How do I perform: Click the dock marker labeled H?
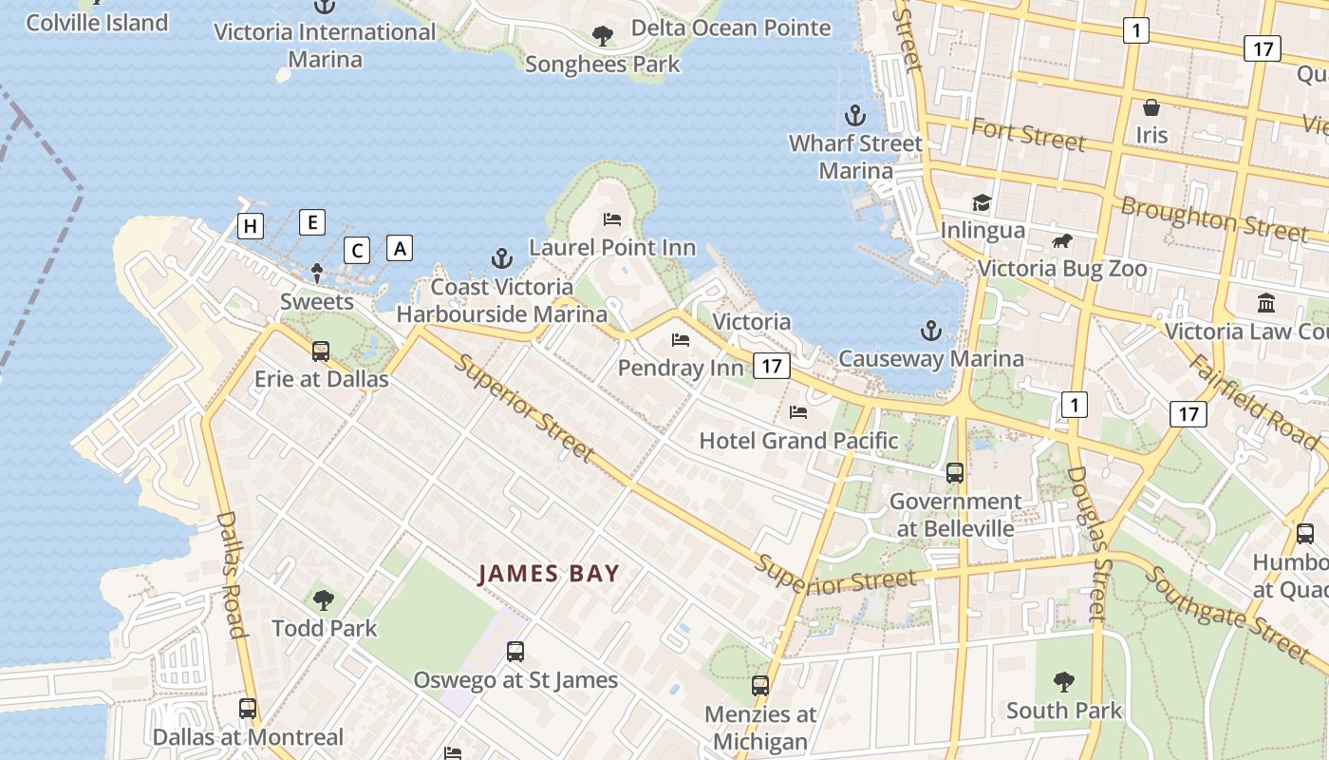point(251,226)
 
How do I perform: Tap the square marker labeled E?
point(312,222)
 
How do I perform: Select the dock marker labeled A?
point(401,248)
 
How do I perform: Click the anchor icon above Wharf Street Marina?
point(855,116)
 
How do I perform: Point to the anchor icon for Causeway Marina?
point(931,331)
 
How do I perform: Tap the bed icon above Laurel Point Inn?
point(612,219)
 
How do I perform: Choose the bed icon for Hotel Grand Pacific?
point(798,412)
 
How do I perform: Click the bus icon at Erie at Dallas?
point(321,351)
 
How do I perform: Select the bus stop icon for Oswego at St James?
point(515,652)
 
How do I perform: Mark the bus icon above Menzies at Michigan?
point(760,685)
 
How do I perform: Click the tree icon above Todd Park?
point(324,599)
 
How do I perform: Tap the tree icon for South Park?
point(1064,681)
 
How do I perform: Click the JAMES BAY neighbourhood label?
point(549,574)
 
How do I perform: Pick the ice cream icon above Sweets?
point(317,274)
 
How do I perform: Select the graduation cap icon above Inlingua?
point(982,202)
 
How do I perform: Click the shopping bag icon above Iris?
point(1151,107)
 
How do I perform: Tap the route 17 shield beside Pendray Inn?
point(772,366)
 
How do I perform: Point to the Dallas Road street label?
point(231,575)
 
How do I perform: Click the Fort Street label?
point(1027,134)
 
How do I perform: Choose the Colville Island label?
point(97,23)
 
